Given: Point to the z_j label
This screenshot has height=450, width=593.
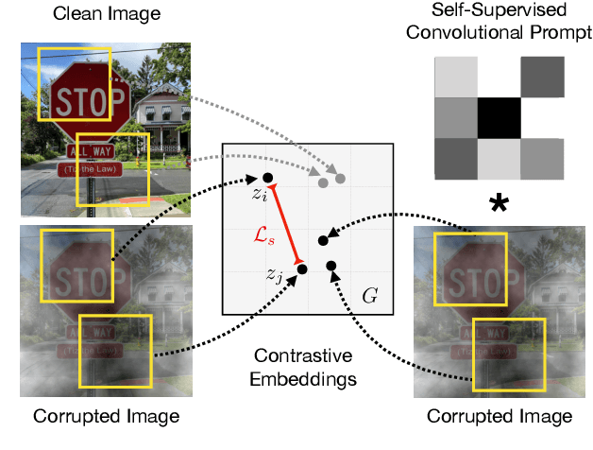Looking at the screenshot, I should [274, 276].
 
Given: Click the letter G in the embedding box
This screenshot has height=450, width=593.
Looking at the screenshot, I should [370, 294].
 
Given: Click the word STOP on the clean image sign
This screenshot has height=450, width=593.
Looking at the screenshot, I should [90, 100].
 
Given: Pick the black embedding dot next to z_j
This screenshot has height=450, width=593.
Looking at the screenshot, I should [301, 268].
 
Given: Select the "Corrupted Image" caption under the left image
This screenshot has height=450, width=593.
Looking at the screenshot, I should [105, 417].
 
